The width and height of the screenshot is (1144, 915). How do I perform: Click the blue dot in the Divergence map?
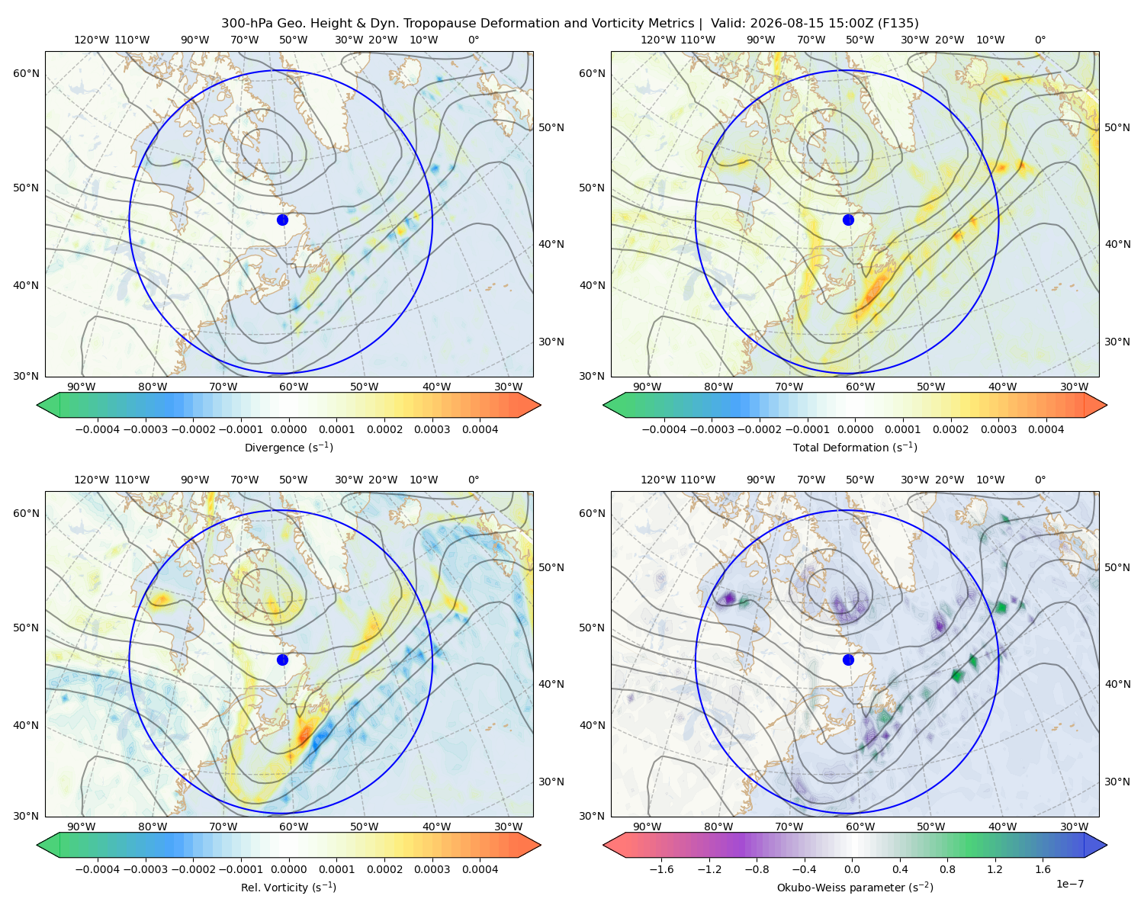282,220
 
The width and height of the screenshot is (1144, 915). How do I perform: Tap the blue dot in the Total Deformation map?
848,220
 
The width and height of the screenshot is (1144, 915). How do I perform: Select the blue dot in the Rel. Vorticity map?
282,660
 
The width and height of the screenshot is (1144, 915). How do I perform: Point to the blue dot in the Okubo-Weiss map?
848,660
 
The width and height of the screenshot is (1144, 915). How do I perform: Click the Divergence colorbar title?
288,447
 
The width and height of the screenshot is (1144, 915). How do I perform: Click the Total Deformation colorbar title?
855,447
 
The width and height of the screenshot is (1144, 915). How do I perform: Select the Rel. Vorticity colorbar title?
288,887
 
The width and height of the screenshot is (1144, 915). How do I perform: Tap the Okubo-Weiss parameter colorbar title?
855,887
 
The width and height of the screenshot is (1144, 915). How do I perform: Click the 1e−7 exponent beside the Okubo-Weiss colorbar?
1069,884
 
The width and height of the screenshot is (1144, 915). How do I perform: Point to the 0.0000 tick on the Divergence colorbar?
288,429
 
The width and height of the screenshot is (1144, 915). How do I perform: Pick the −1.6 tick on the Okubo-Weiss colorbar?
661,868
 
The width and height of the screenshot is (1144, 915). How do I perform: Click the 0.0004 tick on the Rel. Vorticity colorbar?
480,868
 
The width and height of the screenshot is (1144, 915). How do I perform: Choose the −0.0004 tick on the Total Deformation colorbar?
664,429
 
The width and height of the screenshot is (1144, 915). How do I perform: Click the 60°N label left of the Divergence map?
26,73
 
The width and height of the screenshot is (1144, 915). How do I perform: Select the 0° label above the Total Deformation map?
1040,40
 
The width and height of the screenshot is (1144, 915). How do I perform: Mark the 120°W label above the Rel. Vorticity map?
92,479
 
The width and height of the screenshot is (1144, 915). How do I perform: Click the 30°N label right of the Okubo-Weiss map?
1117,781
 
